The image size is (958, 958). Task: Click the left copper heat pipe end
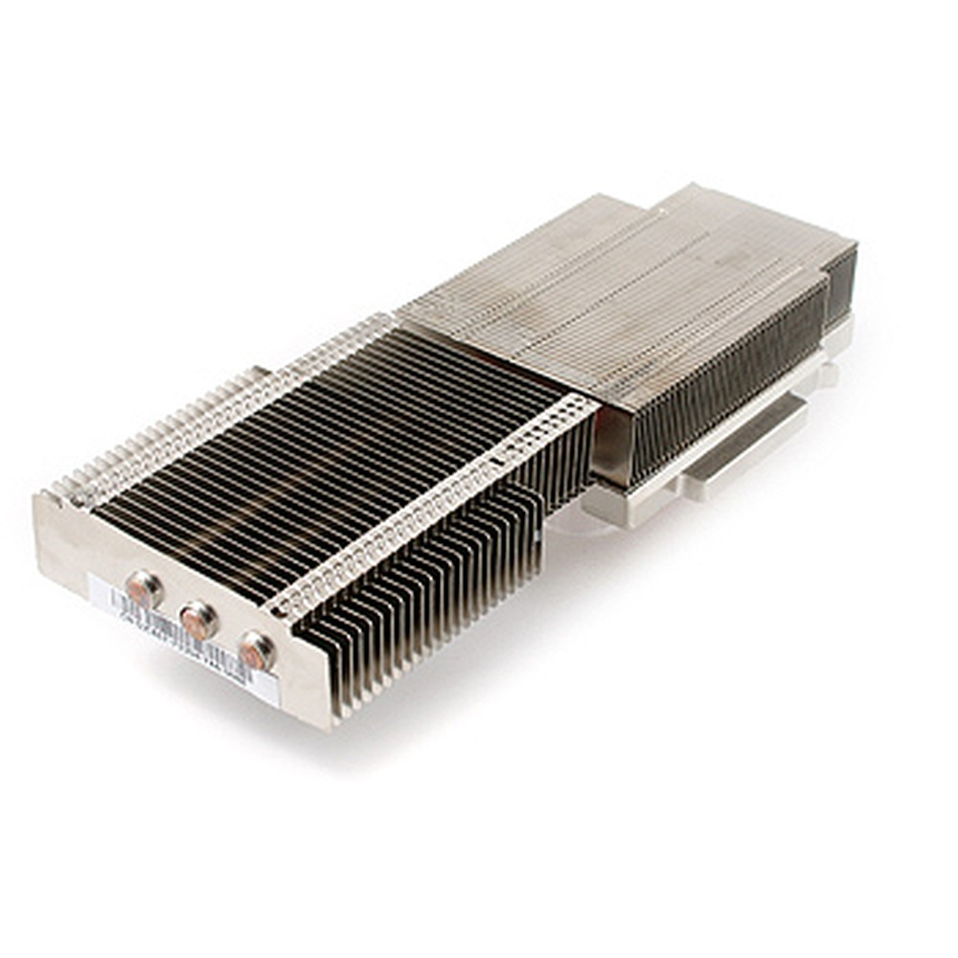tap(144, 588)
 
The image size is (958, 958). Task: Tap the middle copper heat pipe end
tap(198, 621)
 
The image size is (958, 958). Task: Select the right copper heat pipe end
tap(256, 651)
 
